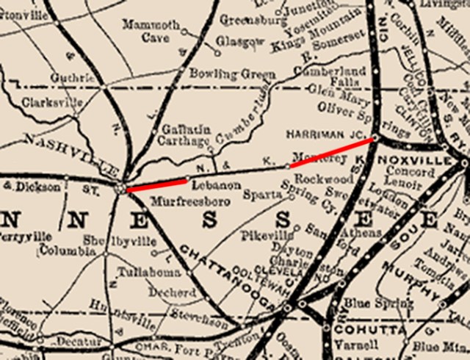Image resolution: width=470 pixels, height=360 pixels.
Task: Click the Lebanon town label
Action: tap(208, 187)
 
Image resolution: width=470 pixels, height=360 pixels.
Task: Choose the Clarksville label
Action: tap(52, 103)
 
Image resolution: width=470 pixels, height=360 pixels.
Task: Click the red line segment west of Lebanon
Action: tap(156, 184)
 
